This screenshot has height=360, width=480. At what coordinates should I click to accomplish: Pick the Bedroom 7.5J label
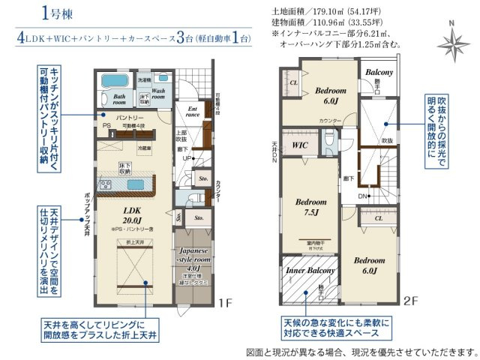coord(310,206)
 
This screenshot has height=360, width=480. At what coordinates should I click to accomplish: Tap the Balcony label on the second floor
coord(380,73)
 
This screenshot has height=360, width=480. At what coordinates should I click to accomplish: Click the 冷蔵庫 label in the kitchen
coord(144,148)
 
